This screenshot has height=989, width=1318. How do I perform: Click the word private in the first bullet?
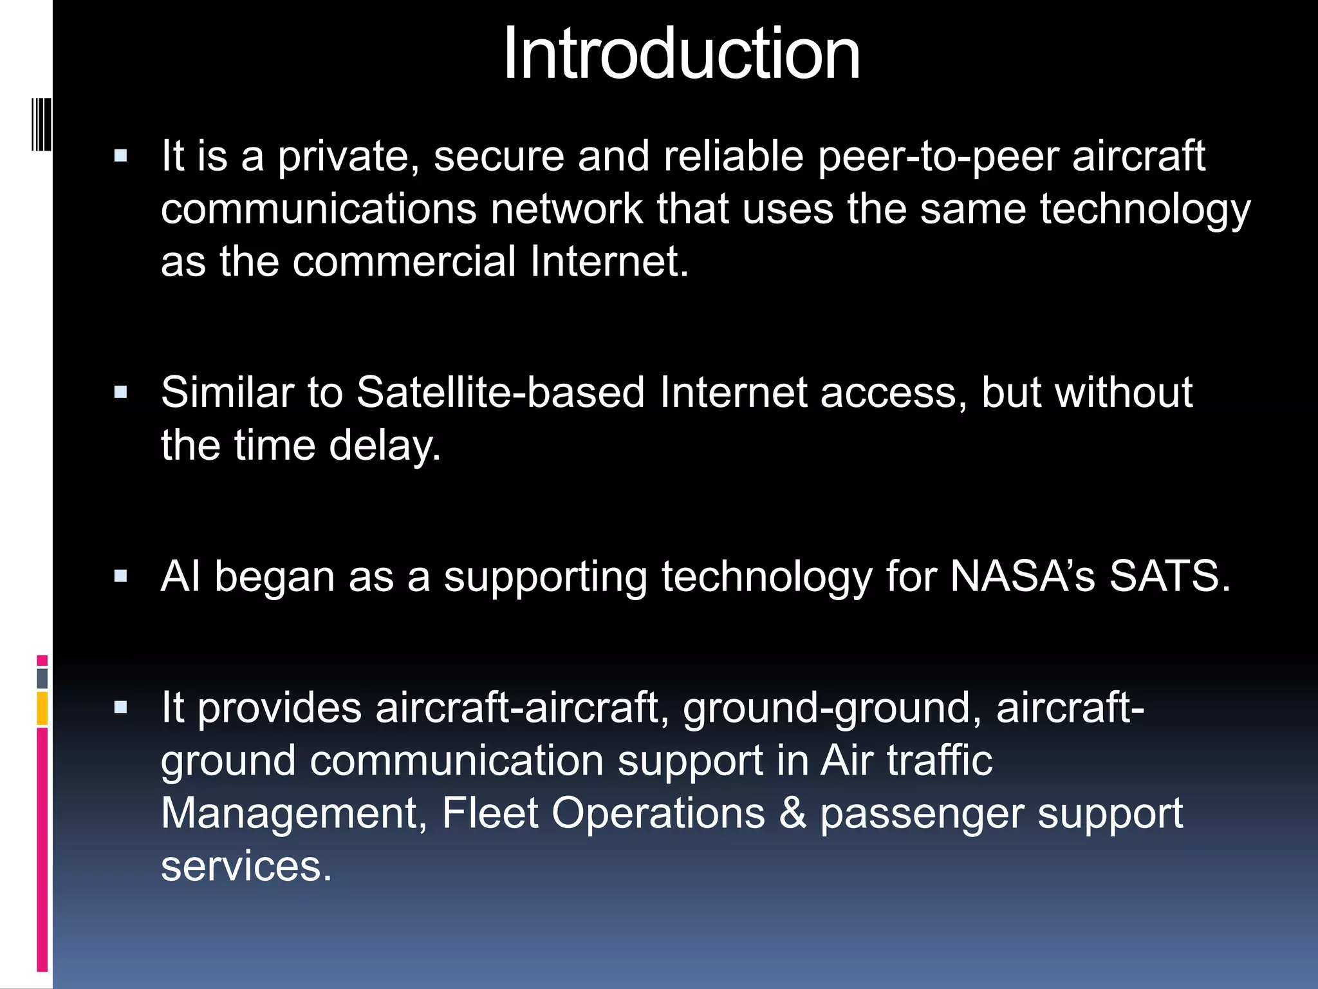click(x=348, y=156)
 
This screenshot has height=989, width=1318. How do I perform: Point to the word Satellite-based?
click(x=500, y=392)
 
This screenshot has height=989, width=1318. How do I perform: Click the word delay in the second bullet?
click(x=384, y=446)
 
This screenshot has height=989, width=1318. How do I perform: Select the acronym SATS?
click(x=1169, y=576)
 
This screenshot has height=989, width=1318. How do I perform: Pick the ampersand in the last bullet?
click(x=792, y=813)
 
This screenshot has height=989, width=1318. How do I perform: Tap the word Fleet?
click(x=490, y=813)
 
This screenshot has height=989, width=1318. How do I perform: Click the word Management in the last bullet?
click(x=294, y=813)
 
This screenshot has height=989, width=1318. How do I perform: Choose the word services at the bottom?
click(x=246, y=866)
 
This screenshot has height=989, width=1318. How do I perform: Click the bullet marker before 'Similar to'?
click(x=120, y=393)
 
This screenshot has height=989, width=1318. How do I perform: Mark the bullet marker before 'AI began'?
click(x=120, y=576)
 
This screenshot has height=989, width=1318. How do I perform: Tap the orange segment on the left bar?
click(x=42, y=708)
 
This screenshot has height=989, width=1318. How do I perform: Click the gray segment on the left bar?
click(x=42, y=678)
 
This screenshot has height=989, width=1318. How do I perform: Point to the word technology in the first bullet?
click(x=1145, y=209)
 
